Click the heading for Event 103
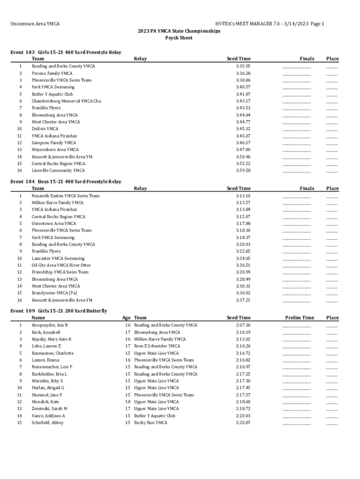(65, 52)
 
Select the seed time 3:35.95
(243, 66)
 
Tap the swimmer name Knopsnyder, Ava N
(50, 325)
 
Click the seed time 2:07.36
(243, 325)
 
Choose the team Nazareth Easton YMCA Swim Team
(65, 196)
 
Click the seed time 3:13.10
(243, 196)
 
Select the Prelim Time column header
(299, 318)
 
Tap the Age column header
(126, 318)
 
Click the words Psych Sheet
(179, 38)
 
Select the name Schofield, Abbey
(48, 423)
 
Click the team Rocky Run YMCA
(151, 423)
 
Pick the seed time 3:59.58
(243, 171)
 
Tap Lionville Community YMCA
(58, 171)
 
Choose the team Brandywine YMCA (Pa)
(54, 293)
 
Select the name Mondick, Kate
(45, 402)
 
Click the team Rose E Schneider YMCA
(157, 346)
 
